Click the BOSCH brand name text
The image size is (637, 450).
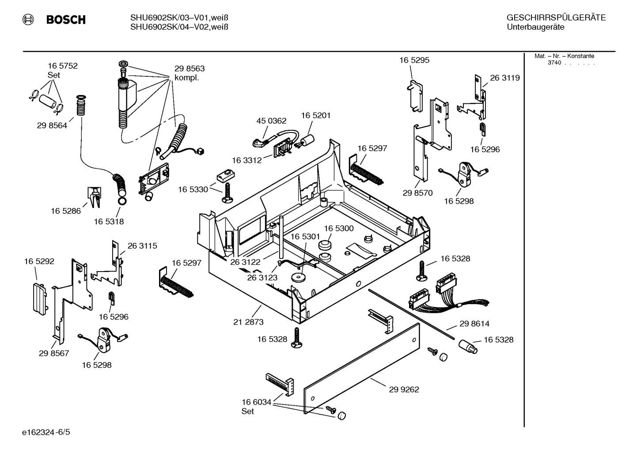66,19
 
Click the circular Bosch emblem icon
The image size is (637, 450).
28,19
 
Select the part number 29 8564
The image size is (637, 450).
52,125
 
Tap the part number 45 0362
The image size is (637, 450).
271,121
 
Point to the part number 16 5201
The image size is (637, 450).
316,115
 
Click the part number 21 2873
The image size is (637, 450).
248,322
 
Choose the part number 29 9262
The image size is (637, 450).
404,389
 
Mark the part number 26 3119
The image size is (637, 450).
505,78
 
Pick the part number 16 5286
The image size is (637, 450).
66,211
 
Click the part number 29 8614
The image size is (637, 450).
474,324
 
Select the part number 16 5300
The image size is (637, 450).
339,228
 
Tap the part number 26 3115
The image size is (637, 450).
142,246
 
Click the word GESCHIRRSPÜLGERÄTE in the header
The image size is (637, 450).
556,18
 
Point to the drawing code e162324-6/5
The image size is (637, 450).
46,432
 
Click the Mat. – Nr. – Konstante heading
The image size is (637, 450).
564,56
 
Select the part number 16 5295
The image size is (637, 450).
414,60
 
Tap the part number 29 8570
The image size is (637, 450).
417,193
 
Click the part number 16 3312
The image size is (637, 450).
247,160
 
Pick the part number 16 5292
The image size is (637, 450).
39,261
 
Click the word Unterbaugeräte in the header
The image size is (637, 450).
535,27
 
